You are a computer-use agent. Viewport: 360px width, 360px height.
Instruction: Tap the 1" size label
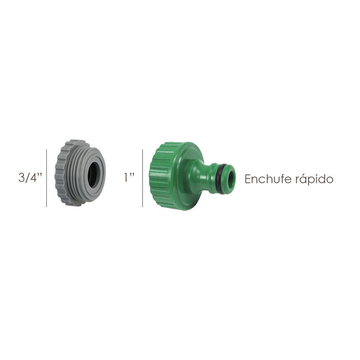pos(129,178)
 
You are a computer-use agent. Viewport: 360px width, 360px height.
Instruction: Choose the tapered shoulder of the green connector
pos(194,177)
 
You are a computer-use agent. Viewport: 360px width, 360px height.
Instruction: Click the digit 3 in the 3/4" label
pos(21,178)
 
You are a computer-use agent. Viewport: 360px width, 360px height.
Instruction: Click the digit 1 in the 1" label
pos(127,178)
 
